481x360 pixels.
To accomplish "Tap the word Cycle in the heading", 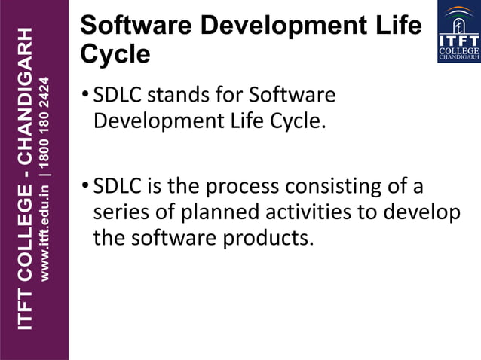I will (x=115, y=55).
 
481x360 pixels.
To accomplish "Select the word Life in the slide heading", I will (x=397, y=26).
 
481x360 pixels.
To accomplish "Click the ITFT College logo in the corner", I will (x=458, y=32).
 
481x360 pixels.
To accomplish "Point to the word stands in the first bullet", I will (x=182, y=96).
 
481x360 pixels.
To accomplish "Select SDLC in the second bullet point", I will (x=116, y=186).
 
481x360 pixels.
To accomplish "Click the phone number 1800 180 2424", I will (x=46, y=121).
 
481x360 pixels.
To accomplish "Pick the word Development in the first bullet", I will (x=157, y=122).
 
